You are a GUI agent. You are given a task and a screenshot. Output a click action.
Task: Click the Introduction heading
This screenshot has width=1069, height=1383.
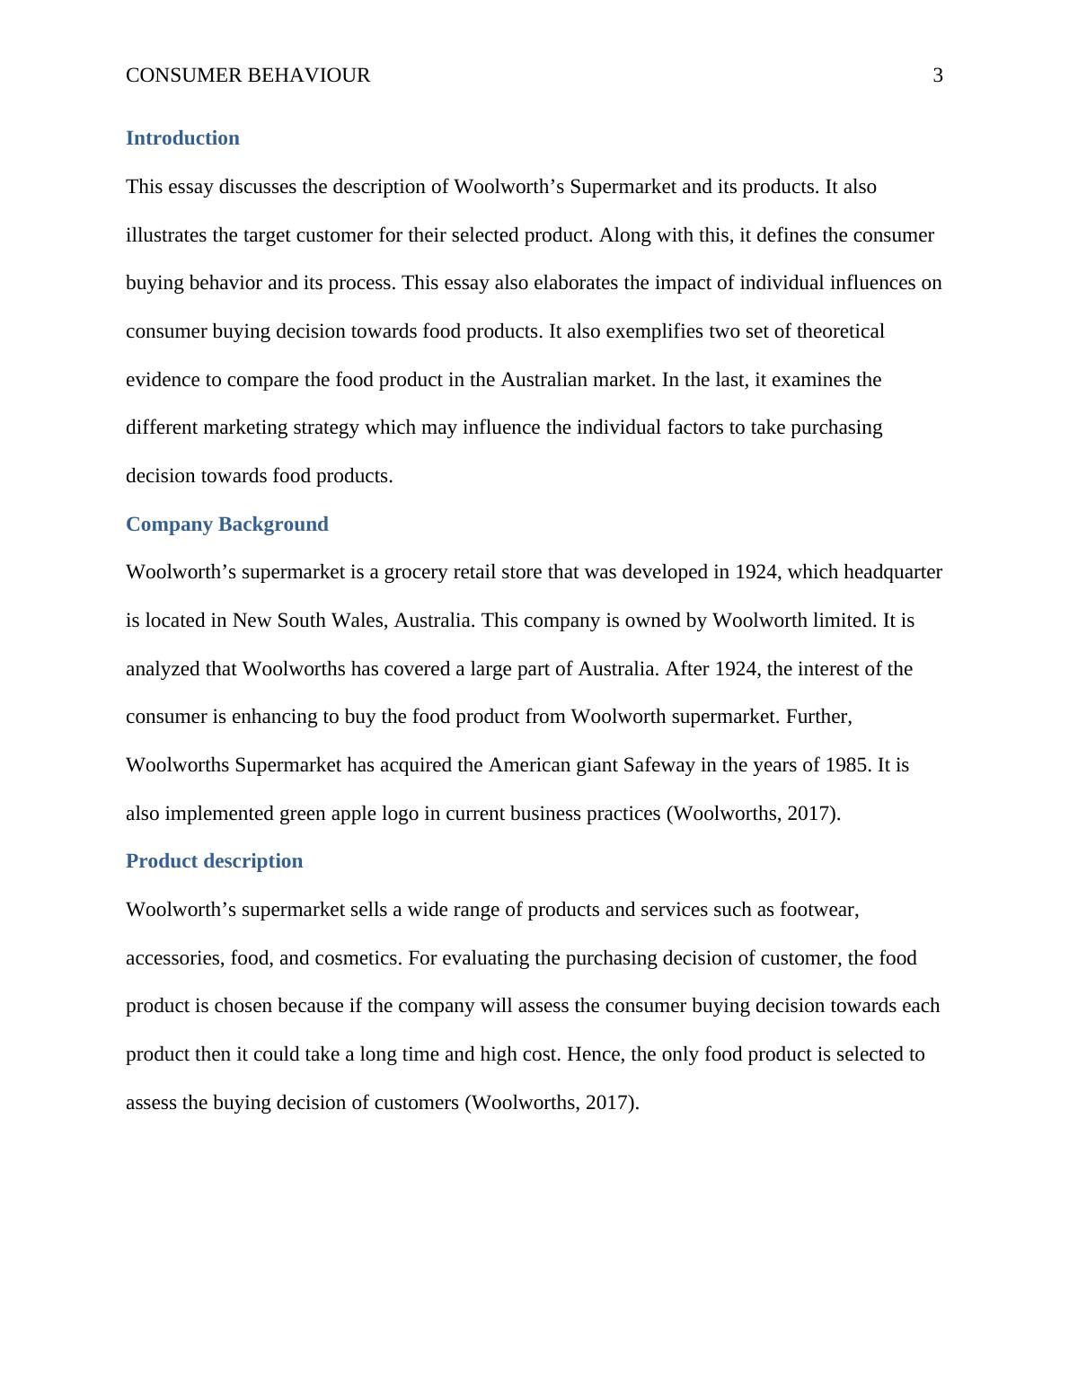[x=182, y=138]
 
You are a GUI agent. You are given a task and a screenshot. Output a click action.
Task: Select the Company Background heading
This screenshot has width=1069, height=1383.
[x=226, y=524]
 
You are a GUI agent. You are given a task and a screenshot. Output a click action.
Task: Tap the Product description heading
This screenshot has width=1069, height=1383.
[x=214, y=861]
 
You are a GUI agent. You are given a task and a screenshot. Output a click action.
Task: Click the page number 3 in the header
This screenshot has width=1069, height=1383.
[x=938, y=75]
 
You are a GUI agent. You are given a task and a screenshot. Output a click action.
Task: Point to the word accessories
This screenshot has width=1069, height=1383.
[x=174, y=958]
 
